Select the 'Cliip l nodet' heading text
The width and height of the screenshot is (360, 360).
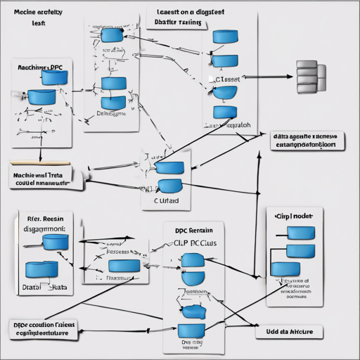(295, 217)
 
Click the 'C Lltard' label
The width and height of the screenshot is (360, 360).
(166, 200)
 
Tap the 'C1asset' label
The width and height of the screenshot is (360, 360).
(226, 79)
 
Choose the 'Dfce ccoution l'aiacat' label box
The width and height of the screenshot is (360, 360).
(44, 330)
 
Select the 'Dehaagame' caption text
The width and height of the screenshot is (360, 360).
(111, 112)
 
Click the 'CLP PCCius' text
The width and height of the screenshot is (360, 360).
(195, 242)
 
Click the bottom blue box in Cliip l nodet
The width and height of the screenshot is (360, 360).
(285, 268)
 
